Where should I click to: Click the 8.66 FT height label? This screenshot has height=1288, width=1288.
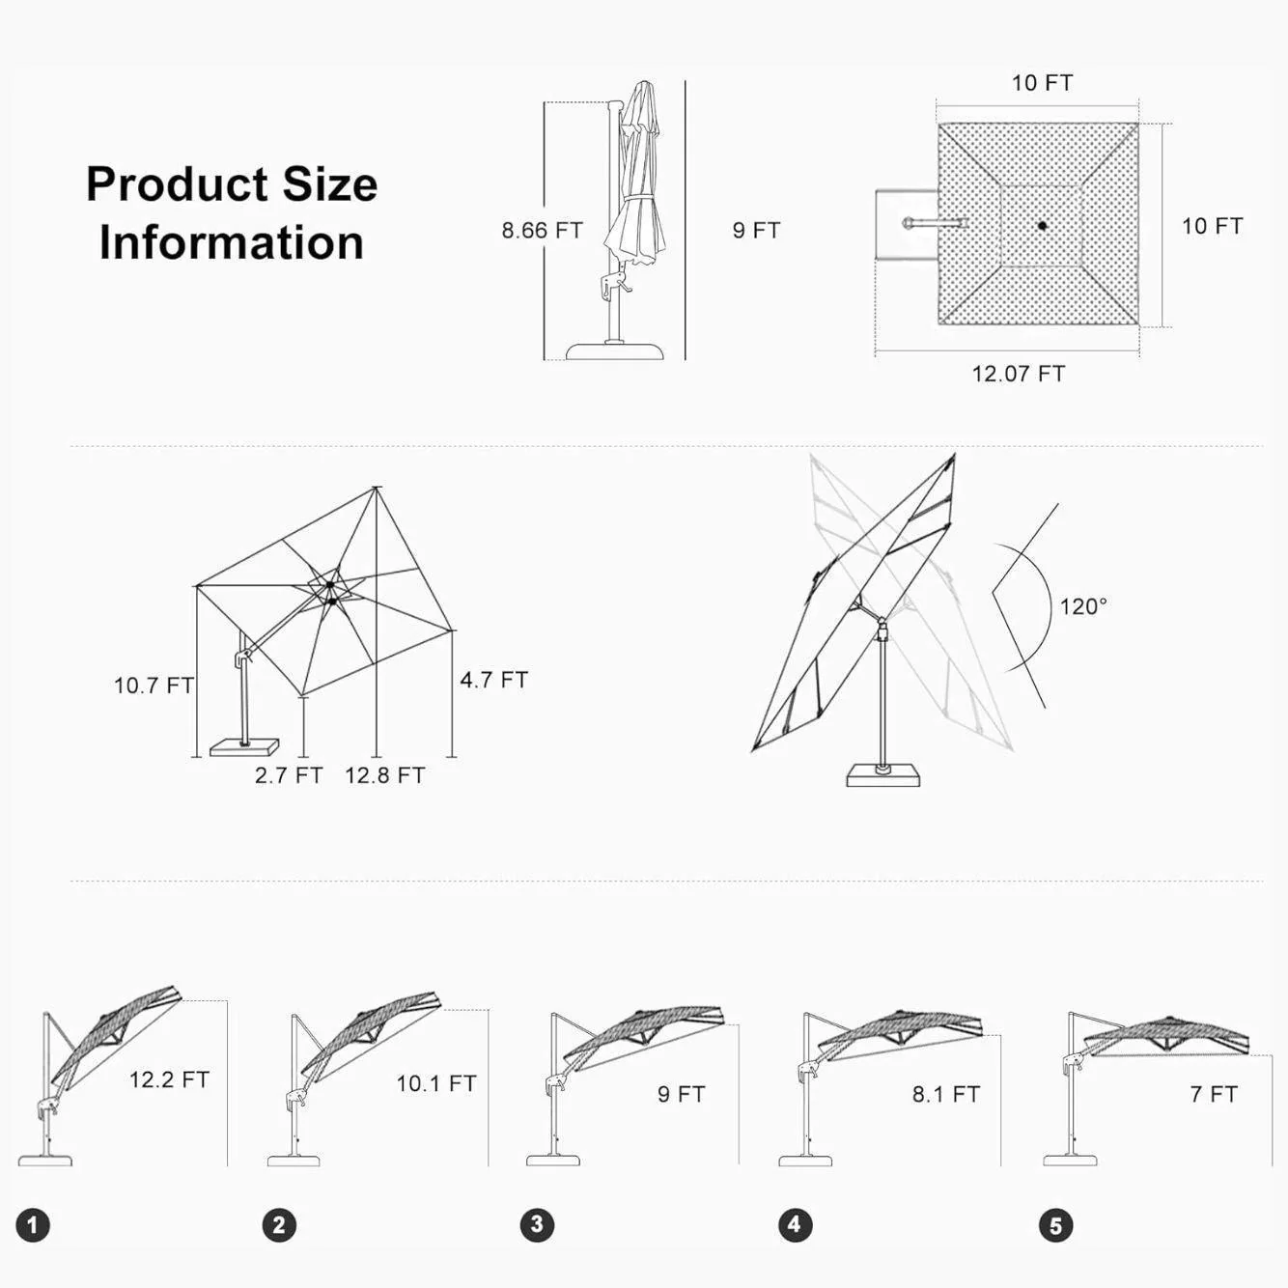(542, 231)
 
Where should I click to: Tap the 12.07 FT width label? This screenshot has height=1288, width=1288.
(1018, 374)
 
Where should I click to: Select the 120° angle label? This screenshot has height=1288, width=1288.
(1083, 606)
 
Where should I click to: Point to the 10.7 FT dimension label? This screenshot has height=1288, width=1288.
(154, 686)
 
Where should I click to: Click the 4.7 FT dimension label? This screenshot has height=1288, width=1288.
(494, 680)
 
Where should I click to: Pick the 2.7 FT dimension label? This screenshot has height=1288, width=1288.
(289, 775)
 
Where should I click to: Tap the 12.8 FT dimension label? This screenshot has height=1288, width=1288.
(385, 775)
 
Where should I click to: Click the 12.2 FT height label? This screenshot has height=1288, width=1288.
(169, 1079)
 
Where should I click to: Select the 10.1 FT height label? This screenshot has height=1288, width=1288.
(436, 1083)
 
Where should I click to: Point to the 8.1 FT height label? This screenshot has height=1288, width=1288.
(946, 1094)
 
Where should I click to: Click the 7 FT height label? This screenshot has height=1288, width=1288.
(1214, 1094)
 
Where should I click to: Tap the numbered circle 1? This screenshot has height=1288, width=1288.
(33, 1225)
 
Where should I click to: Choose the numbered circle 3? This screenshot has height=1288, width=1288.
(538, 1224)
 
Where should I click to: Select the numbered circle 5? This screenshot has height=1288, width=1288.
(1056, 1225)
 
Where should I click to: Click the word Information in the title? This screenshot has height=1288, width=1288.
(232, 242)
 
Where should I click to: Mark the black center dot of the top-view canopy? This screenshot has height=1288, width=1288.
(1042, 226)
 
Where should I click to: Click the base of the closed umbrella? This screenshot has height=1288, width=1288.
(616, 351)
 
